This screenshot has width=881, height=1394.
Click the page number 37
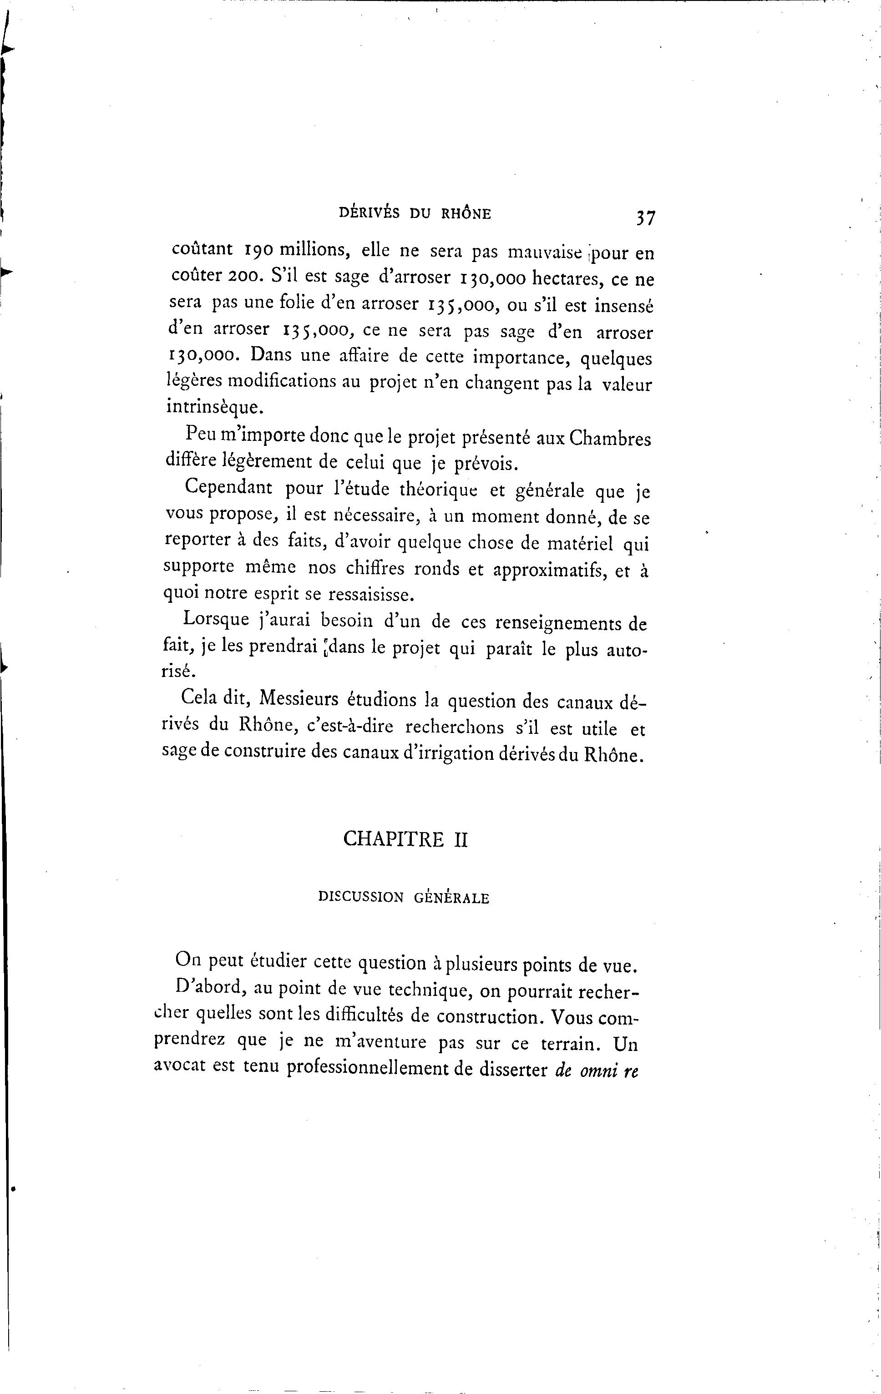[x=645, y=218]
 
